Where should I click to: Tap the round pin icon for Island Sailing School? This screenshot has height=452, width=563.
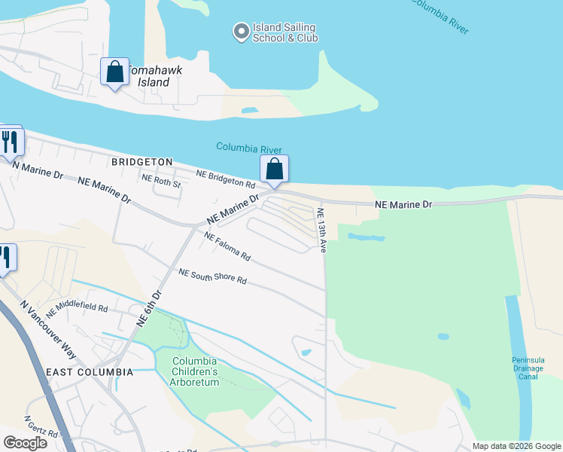tap(241, 32)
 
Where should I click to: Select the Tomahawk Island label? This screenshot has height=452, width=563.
tap(157, 75)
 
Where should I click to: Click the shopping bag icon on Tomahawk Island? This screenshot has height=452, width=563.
tap(114, 72)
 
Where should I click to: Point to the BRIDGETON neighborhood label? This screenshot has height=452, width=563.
tap(142, 162)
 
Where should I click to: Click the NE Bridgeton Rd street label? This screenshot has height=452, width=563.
tap(226, 179)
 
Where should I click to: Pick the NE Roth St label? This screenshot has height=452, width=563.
tap(162, 182)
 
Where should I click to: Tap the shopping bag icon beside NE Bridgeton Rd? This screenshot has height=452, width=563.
tap(275, 169)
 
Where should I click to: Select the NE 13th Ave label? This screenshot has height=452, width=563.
tap(321, 230)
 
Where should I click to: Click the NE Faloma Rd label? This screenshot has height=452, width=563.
tap(227, 246)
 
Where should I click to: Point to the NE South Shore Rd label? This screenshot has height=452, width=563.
tap(212, 276)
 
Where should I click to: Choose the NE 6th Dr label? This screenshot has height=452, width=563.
tap(149, 308)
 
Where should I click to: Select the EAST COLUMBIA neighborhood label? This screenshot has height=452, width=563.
tap(90, 372)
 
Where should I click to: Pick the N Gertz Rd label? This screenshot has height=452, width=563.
tap(41, 427)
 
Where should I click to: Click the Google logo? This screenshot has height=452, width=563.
tap(25, 443)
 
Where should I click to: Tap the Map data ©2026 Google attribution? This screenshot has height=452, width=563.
tap(516, 446)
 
